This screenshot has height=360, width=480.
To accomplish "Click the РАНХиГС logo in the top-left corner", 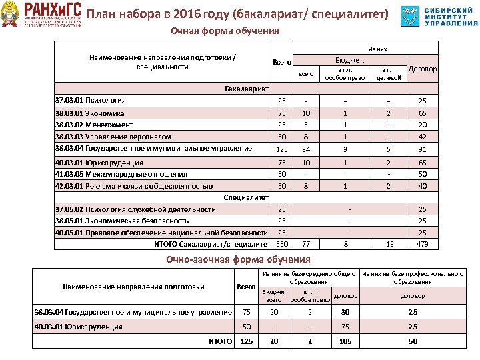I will tap(43, 15).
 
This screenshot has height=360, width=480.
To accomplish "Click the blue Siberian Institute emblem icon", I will tap(411, 16).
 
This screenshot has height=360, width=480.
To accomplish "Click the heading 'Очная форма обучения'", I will tap(225, 31).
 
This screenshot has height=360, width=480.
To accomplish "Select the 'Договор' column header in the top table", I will tap(423, 69).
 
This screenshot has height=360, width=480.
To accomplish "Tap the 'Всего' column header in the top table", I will tap(282, 62).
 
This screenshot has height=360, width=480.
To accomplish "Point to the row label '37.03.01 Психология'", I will tap(90, 101).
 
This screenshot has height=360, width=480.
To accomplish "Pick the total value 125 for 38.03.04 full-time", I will tap(282, 149).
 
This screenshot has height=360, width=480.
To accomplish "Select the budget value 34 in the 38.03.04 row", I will tap(306, 149).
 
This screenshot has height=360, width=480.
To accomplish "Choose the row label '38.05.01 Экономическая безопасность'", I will tap(122, 221).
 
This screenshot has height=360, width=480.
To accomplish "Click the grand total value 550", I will tap(282, 245).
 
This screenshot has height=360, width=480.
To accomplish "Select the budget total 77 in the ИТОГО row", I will tap(306, 245).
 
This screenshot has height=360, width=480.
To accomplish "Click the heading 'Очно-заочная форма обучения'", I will tap(240, 259).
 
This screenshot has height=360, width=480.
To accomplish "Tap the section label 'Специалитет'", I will tap(246, 198).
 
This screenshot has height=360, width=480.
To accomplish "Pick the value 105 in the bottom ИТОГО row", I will tap(345, 341).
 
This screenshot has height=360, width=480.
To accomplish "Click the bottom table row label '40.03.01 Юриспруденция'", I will tap(79, 327).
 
